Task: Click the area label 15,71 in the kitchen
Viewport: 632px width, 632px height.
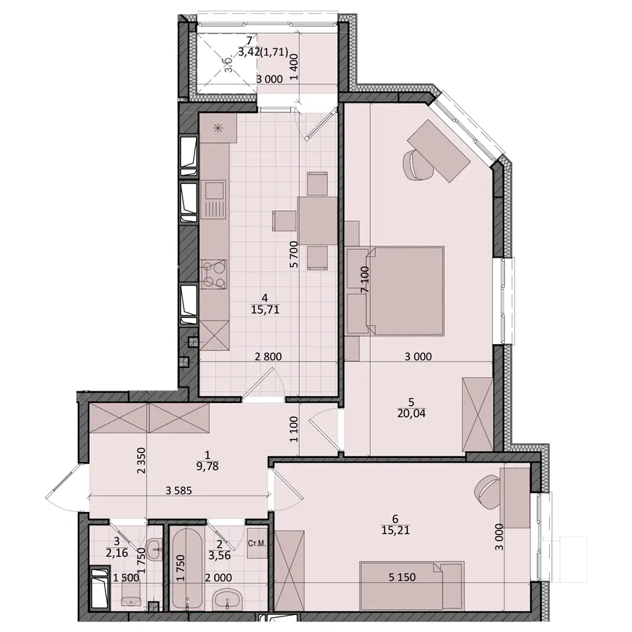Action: tap(265, 310)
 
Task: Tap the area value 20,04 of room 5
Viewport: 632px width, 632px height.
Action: tap(411, 414)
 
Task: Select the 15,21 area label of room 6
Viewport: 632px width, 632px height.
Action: tap(395, 530)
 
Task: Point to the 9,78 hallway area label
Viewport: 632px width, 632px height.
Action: tap(207, 467)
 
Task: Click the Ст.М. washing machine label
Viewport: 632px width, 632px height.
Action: tap(257, 544)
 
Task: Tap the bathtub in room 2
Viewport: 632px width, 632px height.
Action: tap(187, 568)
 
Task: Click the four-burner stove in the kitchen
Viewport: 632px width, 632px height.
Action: tap(213, 274)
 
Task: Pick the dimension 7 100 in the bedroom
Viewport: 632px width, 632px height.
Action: tap(364, 279)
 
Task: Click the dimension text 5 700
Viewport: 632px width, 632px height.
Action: tap(294, 254)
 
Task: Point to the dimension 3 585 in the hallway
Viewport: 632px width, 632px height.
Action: tap(178, 491)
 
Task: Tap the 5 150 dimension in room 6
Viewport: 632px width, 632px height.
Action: tap(402, 577)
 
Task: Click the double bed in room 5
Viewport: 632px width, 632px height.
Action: tap(405, 291)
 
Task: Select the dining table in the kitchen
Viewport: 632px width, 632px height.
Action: tap(317, 220)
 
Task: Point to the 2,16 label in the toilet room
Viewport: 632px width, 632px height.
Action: tap(117, 553)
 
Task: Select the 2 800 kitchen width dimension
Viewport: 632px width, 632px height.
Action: tap(268, 356)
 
